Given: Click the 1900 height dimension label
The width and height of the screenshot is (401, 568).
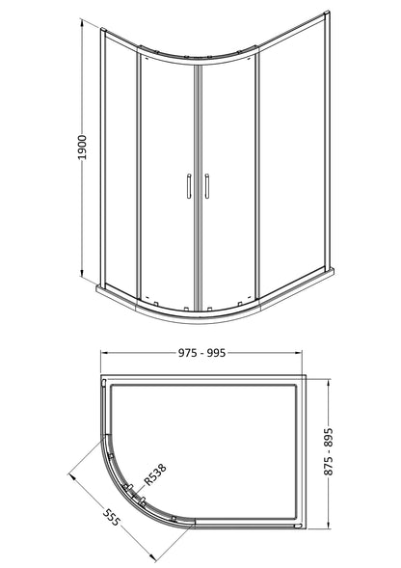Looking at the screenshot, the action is [x=83, y=148].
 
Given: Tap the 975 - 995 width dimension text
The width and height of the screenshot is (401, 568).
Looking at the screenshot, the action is [x=201, y=352].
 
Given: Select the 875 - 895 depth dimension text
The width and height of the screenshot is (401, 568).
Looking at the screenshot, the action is [x=328, y=451].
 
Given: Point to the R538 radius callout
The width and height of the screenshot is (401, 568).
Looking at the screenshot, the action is [x=155, y=474].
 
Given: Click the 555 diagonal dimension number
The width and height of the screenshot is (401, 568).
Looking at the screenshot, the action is [x=111, y=517].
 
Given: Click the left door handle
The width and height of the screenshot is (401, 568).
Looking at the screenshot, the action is [x=189, y=186].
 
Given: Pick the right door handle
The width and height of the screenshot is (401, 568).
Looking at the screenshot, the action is [x=207, y=186].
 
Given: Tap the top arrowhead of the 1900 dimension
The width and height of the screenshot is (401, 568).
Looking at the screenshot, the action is [x=82, y=20].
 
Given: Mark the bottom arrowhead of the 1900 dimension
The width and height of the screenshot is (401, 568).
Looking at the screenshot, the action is [x=82, y=273].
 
